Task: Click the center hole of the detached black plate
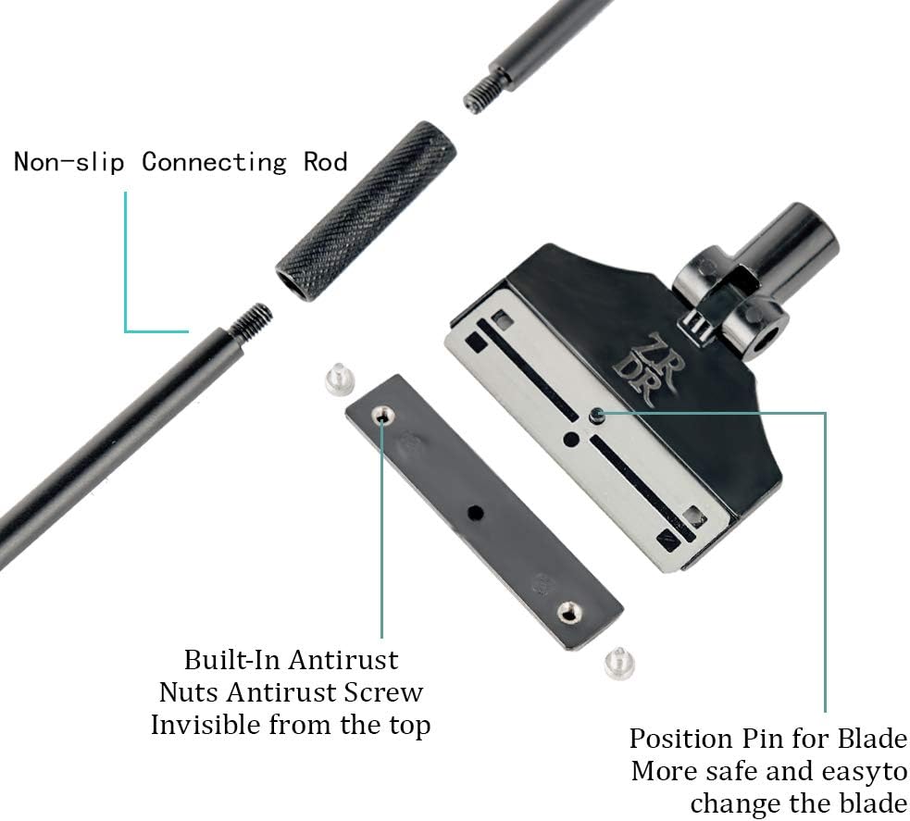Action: point(475,511)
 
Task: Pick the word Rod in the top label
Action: point(325,162)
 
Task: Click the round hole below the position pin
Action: point(572,440)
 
